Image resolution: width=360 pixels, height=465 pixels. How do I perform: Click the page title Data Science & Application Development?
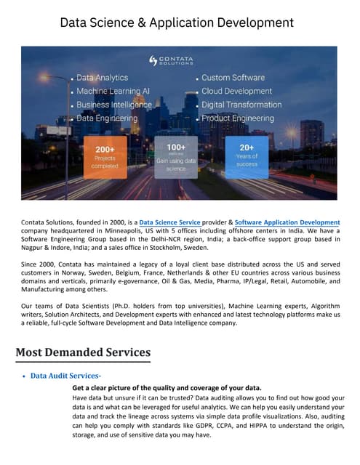pyautogui.click(x=177, y=23)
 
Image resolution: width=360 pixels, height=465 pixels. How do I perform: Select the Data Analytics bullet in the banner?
pyautogui.click(x=102, y=78)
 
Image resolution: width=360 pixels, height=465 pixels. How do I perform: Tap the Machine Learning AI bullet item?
pyautogui.click(x=113, y=91)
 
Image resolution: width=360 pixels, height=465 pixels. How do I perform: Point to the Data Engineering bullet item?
pyautogui.click(x=106, y=118)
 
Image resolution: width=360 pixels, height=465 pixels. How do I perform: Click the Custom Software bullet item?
pyautogui.click(x=232, y=78)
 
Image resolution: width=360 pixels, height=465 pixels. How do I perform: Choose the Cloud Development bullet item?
pyautogui.click(x=237, y=91)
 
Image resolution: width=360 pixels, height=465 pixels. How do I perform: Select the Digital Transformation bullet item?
pyautogui.click(x=241, y=105)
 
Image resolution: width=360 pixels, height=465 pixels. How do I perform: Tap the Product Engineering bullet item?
pyautogui.click(x=238, y=118)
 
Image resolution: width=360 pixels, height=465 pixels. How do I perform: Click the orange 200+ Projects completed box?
pyautogui.click(x=105, y=157)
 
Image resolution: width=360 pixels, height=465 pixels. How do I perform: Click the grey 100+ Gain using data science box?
pyautogui.click(x=176, y=157)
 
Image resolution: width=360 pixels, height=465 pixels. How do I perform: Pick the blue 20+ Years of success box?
pyautogui.click(x=247, y=157)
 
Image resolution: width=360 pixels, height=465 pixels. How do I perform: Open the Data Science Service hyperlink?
pyautogui.click(x=169, y=222)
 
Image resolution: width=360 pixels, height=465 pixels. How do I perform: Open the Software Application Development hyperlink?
pyautogui.click(x=287, y=222)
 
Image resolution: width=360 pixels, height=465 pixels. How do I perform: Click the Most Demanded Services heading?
pyautogui.click(x=83, y=352)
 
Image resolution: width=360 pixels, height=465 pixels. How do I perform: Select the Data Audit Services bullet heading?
pyautogui.click(x=65, y=376)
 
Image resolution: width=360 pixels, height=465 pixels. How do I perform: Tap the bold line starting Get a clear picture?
pyautogui.click(x=167, y=388)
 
